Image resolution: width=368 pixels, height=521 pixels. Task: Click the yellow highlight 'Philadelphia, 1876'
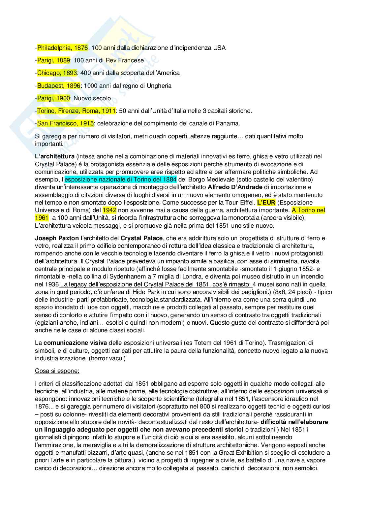click(62, 48)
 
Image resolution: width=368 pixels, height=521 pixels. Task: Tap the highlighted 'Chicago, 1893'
click(57, 73)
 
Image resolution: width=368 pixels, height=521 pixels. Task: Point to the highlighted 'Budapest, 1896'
click(59, 86)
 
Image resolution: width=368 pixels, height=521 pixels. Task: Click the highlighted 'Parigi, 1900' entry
click(53, 98)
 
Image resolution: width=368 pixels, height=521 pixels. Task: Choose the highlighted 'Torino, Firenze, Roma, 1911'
click(76, 111)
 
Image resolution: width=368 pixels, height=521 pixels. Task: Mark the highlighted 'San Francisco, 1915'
click(65, 123)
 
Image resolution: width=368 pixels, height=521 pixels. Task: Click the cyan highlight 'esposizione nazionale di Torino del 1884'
click(121, 179)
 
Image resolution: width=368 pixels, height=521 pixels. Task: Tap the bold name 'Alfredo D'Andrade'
click(234, 187)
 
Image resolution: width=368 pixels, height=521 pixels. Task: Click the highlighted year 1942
click(109, 210)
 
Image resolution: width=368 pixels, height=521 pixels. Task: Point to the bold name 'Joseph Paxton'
click(57, 238)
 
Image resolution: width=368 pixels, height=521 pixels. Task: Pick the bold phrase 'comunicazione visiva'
click(75, 343)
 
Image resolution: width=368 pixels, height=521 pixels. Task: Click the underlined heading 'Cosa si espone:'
click(57, 371)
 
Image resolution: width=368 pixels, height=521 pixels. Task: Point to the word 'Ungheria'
click(160, 86)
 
